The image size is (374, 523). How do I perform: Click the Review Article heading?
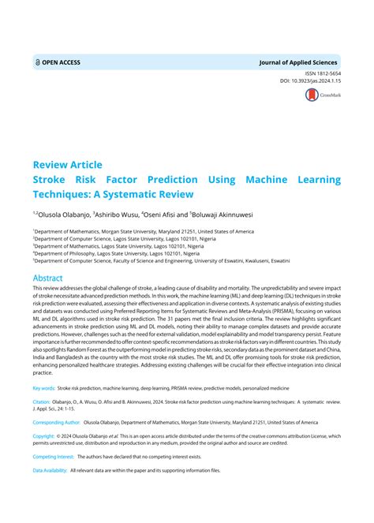[x=67, y=165]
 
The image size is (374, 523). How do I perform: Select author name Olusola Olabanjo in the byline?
[x=64, y=213]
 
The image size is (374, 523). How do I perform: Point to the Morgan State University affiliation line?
[x=144, y=232]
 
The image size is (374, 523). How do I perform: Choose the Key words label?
[x=44, y=389]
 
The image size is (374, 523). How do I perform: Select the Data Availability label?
[x=50, y=471]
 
